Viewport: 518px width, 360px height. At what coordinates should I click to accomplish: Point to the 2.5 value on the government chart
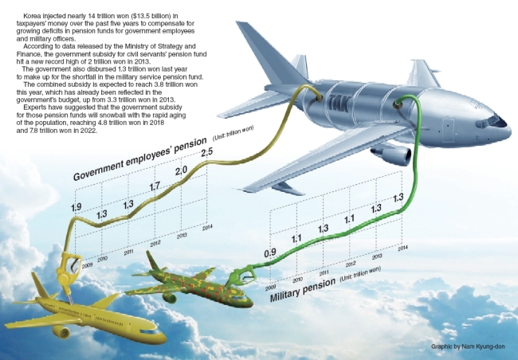click(207, 152)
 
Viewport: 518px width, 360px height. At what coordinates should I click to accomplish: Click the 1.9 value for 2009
click(76, 207)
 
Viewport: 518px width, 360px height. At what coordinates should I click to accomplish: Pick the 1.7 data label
click(155, 186)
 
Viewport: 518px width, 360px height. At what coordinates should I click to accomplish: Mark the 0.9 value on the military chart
click(270, 253)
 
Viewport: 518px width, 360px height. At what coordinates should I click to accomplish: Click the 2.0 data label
click(181, 170)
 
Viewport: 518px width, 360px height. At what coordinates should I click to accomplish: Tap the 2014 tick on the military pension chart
click(402, 248)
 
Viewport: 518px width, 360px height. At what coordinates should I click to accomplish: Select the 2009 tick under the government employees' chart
click(87, 265)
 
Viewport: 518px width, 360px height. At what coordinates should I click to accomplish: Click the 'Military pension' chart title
click(302, 290)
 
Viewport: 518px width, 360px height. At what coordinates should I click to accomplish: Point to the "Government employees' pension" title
click(139, 158)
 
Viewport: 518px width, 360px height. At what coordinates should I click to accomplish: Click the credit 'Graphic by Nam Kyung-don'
click(468, 346)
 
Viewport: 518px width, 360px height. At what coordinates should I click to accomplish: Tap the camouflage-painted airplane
click(190, 284)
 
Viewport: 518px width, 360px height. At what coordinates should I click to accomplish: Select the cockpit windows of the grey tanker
click(491, 121)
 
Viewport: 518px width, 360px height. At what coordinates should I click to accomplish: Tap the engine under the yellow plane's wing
click(61, 331)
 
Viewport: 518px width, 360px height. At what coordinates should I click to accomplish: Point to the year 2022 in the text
click(89, 131)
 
